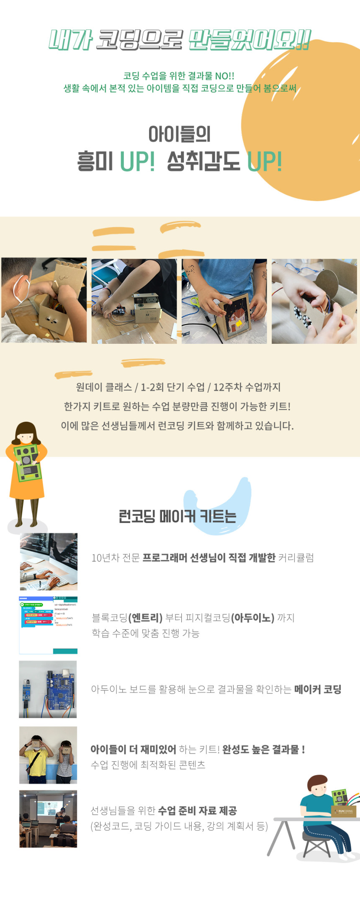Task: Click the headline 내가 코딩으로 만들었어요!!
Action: click(180, 40)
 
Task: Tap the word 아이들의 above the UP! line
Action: click(180, 134)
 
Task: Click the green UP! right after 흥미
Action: click(137, 161)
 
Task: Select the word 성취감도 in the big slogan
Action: click(203, 161)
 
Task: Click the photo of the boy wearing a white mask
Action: click(44, 300)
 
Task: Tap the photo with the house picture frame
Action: click(224, 301)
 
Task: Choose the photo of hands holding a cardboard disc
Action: click(314, 301)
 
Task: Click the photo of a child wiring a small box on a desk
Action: click(134, 301)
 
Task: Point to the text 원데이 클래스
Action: click(104, 387)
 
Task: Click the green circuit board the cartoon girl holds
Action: click(27, 462)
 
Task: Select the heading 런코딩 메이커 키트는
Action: click(177, 516)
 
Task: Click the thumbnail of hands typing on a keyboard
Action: click(49, 562)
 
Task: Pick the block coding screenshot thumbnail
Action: click(48, 625)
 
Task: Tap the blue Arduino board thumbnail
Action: click(48, 689)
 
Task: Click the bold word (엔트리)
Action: click(145, 618)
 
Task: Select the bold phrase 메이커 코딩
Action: click(318, 689)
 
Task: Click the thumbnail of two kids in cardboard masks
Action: click(48, 755)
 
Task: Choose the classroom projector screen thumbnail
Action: click(48, 819)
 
